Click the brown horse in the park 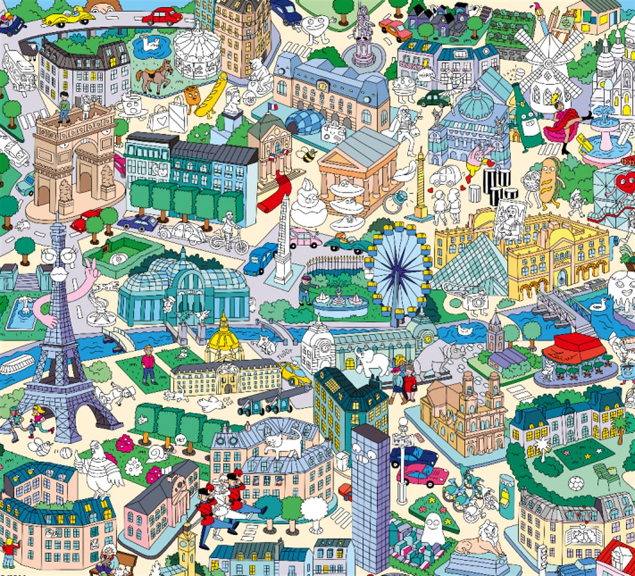[x=154, y=75]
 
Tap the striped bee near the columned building [x=309, y=154]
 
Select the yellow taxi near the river [x=296, y=373]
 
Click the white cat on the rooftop [x=283, y=442]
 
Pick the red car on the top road [x=162, y=16]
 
